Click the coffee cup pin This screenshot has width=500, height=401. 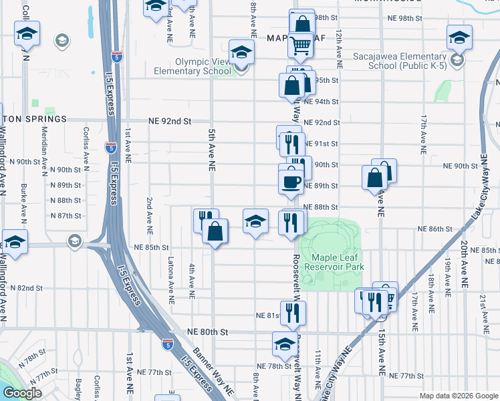click(x=291, y=180)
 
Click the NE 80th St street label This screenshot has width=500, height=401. click(x=208, y=331)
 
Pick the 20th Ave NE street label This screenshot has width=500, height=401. click(x=463, y=265)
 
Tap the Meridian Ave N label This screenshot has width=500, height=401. click(x=45, y=146)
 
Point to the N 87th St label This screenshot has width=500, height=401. click(x=66, y=216)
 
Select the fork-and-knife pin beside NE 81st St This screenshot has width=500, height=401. click(x=293, y=313)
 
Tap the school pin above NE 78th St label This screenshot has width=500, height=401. click(x=285, y=344)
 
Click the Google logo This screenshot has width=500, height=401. click(x=22, y=394)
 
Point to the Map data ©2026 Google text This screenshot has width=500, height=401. click(x=459, y=396)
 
